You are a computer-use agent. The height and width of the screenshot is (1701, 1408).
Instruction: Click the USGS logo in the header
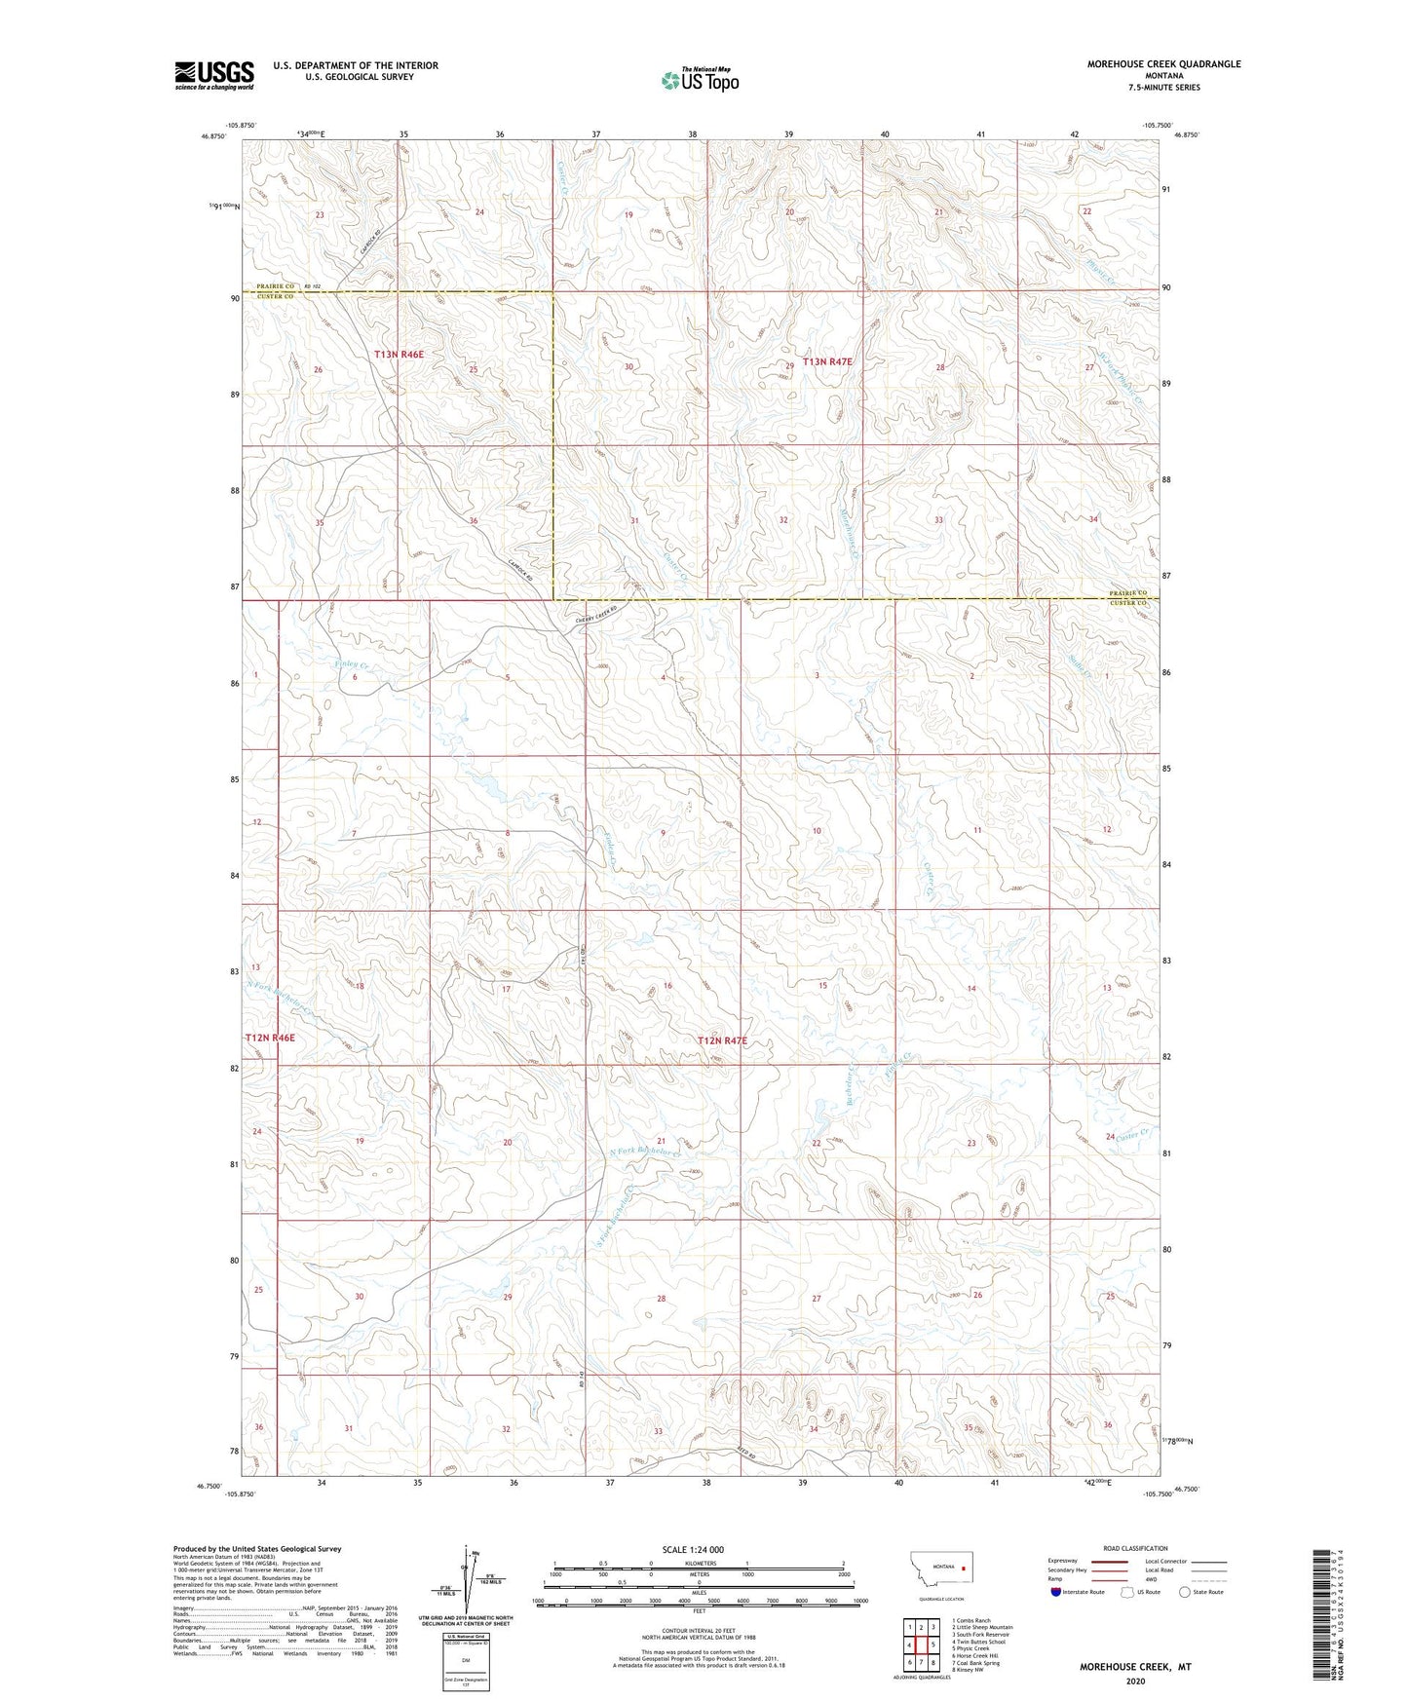213,75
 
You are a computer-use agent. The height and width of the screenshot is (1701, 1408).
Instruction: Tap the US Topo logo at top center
699,81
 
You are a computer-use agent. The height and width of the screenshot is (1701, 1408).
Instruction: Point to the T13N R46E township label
399,355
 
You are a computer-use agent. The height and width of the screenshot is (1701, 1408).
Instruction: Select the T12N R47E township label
722,1040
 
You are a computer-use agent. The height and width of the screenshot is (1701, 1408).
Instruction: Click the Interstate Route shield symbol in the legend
1057,1592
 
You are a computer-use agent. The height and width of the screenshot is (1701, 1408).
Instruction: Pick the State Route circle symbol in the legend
1185,1592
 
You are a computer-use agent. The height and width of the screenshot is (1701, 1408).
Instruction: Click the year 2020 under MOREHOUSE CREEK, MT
1134,1681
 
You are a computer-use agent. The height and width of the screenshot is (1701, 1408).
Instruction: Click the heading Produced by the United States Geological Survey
256,1548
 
